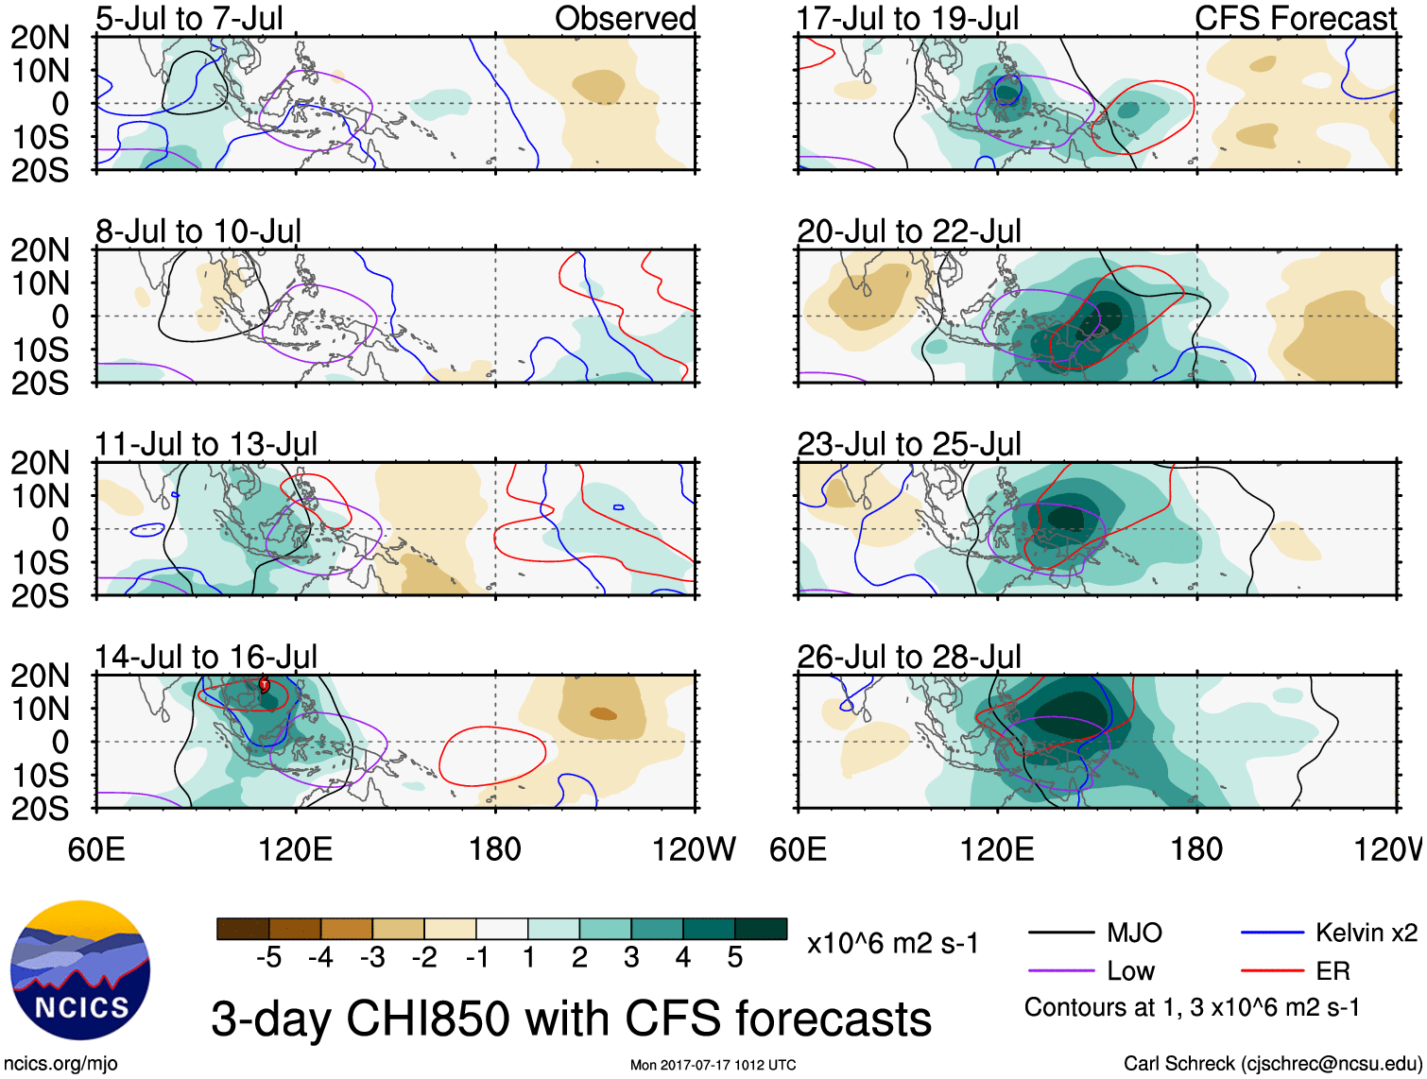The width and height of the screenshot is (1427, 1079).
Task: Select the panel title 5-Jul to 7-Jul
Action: pos(189,18)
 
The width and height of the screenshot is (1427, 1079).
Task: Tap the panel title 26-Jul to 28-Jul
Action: pos(909,657)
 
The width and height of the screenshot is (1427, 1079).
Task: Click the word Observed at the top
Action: pos(625,18)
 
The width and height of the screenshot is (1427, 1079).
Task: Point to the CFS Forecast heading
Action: pos(1295,18)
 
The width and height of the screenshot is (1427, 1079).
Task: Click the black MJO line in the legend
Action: pos(1061,933)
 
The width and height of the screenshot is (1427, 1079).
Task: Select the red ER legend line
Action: pos(1272,970)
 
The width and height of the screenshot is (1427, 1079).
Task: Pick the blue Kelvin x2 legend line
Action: pos(1272,933)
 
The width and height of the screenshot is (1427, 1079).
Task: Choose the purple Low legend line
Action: pos(1061,970)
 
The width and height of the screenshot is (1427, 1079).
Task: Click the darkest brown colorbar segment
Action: pos(243,929)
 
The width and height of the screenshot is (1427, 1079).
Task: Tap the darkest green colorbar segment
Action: pos(761,929)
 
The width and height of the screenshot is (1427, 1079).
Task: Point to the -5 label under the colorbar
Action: pos(268,958)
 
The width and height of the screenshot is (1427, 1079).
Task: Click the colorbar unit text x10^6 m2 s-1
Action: pos(892,943)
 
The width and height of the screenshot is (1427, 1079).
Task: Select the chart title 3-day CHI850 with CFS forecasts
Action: pos(571,1019)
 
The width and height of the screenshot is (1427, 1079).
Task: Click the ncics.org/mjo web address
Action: pos(60,1064)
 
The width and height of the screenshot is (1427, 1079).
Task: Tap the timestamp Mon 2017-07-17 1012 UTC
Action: pos(713,1065)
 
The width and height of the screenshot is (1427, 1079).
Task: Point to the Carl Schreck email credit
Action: pos(1272,1064)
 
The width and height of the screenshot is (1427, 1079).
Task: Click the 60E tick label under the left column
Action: pos(96,849)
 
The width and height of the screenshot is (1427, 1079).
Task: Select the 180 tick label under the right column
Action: pos(1196,849)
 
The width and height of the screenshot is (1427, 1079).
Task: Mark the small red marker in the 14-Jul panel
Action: pos(265,683)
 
